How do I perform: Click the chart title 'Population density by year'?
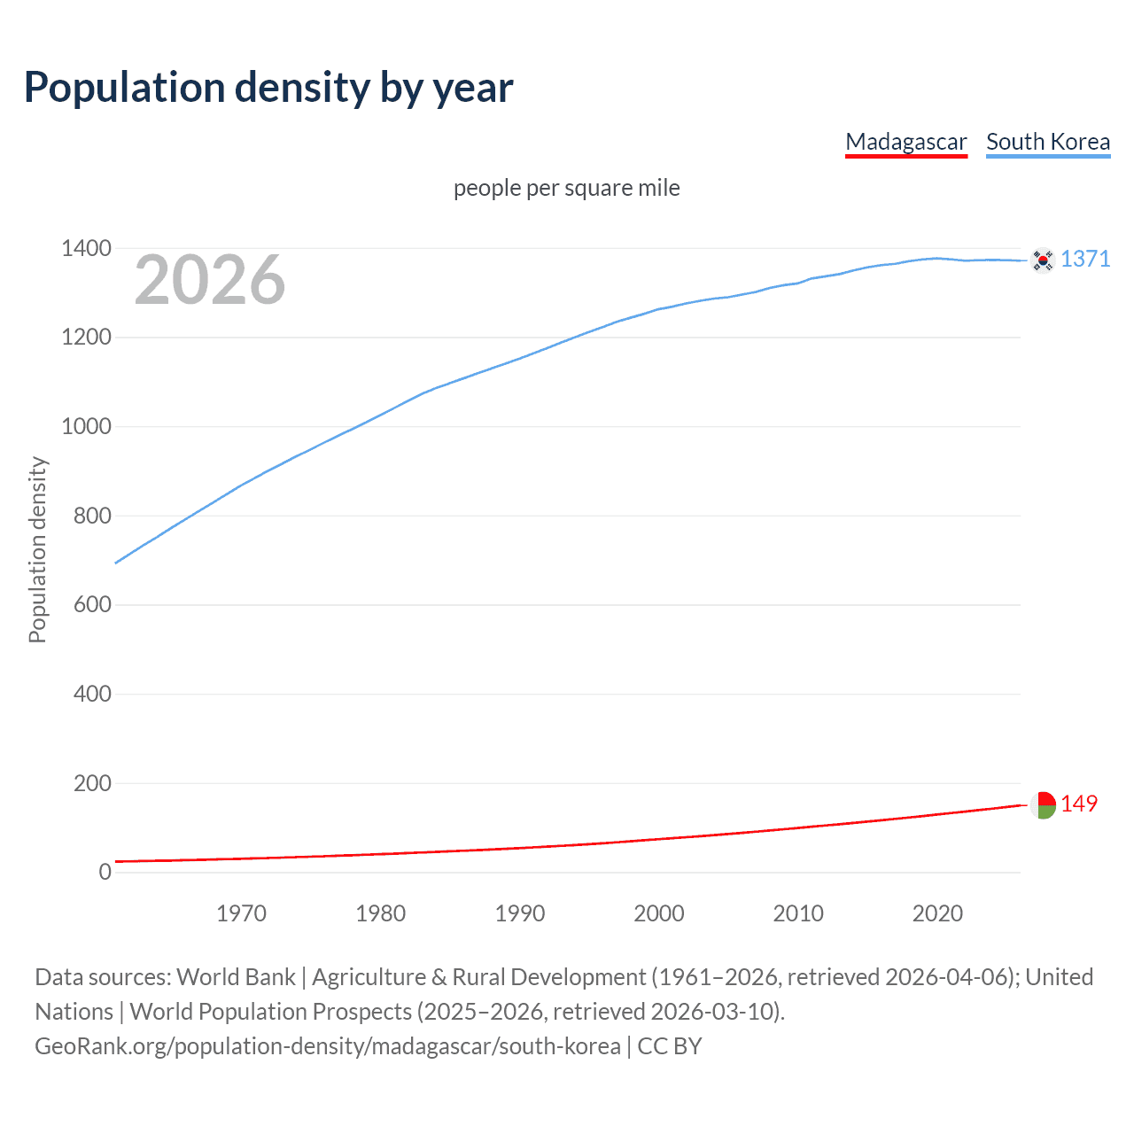point(268,88)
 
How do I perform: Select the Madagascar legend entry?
point(905,142)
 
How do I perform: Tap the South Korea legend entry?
point(1047,142)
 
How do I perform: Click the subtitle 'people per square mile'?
point(567,188)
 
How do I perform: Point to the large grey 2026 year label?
point(210,280)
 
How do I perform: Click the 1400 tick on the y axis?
point(86,248)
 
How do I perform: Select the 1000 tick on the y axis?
point(86,426)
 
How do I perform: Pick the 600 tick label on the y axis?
point(92,604)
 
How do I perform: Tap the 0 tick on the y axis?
point(105,872)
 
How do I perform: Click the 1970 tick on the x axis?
point(241,913)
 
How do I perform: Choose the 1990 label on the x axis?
point(520,913)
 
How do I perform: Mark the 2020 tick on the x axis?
point(937,913)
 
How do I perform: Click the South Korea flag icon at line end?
point(1043,260)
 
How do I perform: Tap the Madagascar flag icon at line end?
point(1043,804)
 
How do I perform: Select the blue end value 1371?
point(1085,259)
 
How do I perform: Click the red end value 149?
point(1079,804)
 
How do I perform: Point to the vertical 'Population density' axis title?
point(37,549)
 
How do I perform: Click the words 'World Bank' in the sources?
point(236,977)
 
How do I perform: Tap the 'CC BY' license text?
point(670,1046)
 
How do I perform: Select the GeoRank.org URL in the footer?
point(328,1046)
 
